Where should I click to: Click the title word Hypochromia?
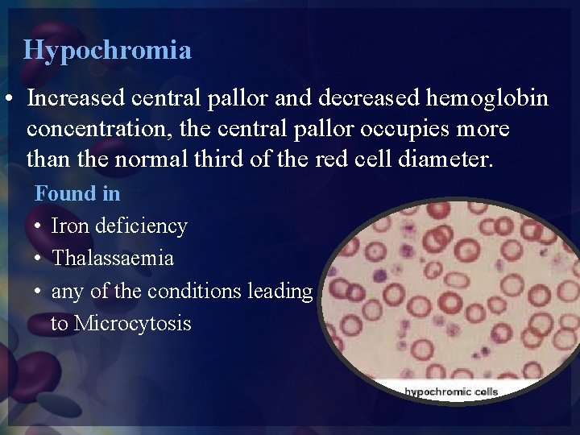pyautogui.click(x=107, y=51)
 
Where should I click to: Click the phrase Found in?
pyautogui.click(x=77, y=193)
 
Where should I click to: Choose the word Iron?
pyautogui.click(x=70, y=226)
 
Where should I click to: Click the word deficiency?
pyautogui.click(x=141, y=226)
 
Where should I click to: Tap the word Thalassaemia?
pyautogui.click(x=112, y=259)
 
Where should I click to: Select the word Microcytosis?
pyautogui.click(x=132, y=324)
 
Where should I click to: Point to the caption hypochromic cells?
pyautogui.click(x=451, y=392)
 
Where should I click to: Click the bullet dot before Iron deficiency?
pyautogui.click(x=39, y=227)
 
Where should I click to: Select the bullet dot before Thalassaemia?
pyautogui.click(x=39, y=259)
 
